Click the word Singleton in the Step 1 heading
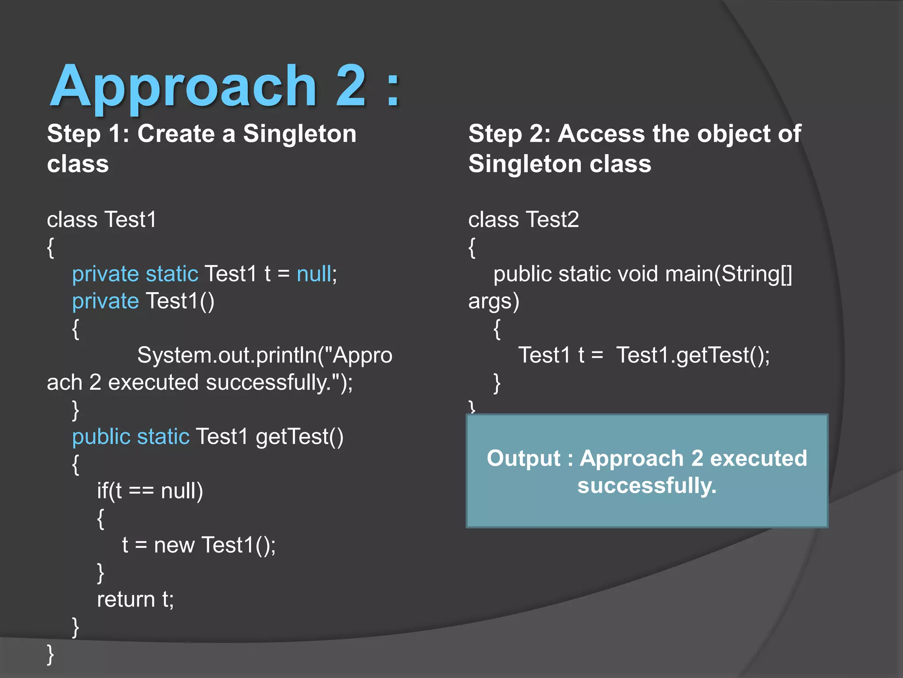click(299, 133)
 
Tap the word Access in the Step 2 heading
click(601, 133)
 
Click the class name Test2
click(552, 219)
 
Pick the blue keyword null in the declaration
click(314, 274)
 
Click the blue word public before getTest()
click(101, 437)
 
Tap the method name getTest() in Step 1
click(299, 437)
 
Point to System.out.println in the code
click(227, 355)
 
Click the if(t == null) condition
click(150, 491)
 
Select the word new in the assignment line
click(174, 545)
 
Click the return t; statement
click(135, 599)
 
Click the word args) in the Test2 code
click(493, 301)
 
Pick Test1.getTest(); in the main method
click(693, 355)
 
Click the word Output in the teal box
click(523, 458)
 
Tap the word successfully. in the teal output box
click(647, 486)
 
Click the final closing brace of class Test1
click(50, 654)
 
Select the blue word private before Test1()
click(105, 301)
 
